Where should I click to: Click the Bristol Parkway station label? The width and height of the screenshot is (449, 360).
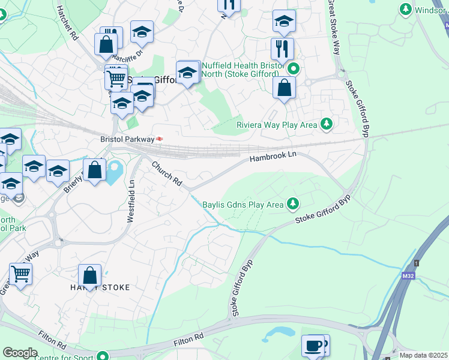[x=127, y=139]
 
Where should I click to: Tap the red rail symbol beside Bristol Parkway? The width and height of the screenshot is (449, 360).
[x=160, y=139]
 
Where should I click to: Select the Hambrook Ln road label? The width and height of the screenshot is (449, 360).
[x=273, y=156]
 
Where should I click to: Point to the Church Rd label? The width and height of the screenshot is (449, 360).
[x=166, y=172]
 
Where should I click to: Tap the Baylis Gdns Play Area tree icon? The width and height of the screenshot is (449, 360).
[x=293, y=205]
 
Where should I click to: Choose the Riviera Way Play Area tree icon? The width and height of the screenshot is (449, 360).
[x=327, y=125]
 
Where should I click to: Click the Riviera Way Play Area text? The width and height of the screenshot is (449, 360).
[x=276, y=125]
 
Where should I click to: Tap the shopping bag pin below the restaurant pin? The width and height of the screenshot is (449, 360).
[x=284, y=88]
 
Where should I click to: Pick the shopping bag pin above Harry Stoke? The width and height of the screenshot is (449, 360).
[x=89, y=276]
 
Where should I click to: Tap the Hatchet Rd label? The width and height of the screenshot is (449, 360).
[x=67, y=24]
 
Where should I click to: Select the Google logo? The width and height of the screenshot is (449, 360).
[x=20, y=353]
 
